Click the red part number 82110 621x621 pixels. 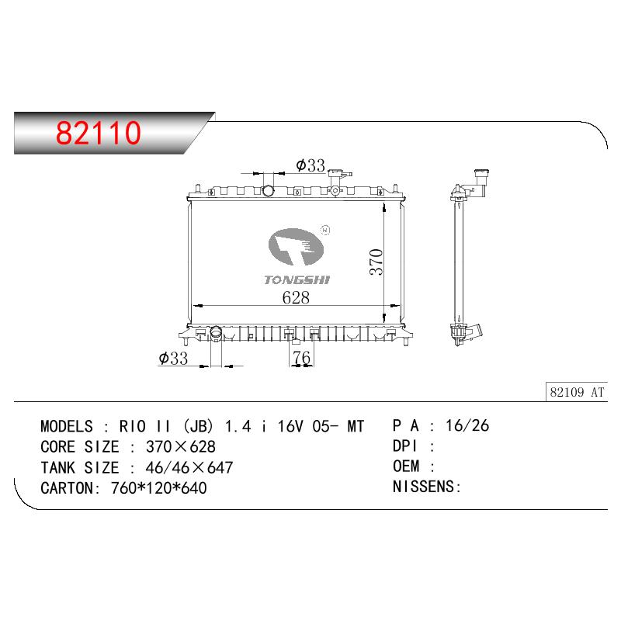point(99,132)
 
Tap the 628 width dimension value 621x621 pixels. point(296,298)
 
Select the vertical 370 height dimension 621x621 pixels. point(376,262)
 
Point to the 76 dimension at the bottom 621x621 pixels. point(301,358)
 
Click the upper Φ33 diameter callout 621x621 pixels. point(310,165)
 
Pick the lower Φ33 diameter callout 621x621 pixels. point(173,359)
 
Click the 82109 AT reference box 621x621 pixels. point(577,392)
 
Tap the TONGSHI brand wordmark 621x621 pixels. point(297,280)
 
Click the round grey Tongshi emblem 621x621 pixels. point(296,247)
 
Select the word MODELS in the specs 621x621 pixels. point(67,426)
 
